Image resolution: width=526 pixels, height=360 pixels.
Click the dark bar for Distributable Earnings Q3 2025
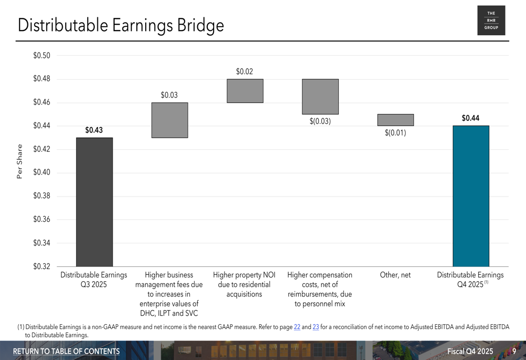[x=94, y=202]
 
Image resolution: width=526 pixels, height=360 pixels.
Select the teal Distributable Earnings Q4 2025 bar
[x=471, y=196]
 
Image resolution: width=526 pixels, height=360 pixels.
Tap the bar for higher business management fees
[x=169, y=120]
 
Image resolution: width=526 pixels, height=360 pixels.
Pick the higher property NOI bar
[x=245, y=91]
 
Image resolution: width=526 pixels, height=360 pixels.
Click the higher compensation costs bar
[x=320, y=97]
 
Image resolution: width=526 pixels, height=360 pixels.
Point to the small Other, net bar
[x=396, y=120]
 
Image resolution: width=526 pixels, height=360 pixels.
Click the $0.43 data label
[x=94, y=130]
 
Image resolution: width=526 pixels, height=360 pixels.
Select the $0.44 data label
[x=471, y=118]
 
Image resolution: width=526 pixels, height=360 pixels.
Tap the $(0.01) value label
[x=396, y=133]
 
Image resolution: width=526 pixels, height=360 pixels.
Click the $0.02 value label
[x=245, y=71]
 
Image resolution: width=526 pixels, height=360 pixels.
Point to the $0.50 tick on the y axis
[x=42, y=56]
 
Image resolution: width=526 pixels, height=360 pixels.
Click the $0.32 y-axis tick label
[x=42, y=266]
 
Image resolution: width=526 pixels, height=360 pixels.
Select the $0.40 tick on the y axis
[x=42, y=173]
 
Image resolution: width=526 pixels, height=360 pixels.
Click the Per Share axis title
[x=20, y=161]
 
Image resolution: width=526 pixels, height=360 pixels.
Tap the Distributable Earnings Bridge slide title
[x=120, y=25]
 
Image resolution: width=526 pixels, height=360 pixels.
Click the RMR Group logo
[x=491, y=20]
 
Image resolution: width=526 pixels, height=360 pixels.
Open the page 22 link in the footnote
[x=297, y=327]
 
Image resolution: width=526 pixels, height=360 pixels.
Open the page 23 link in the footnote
[x=316, y=327]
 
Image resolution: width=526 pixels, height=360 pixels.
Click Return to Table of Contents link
[x=66, y=351]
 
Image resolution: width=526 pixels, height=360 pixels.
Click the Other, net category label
[x=395, y=275]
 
